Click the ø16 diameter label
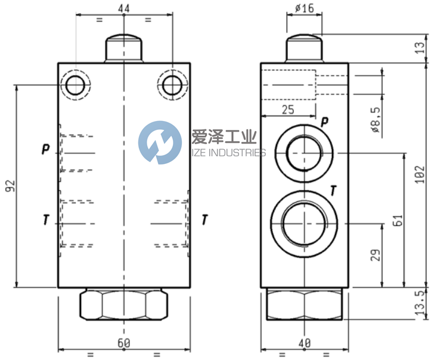click(x=304, y=8)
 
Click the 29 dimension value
click(x=374, y=256)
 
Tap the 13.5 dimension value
click(x=421, y=303)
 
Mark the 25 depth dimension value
click(x=288, y=110)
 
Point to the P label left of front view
click(x=45, y=149)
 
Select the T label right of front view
click(x=204, y=220)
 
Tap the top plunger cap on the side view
click(x=304, y=48)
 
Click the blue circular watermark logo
click(x=160, y=142)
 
